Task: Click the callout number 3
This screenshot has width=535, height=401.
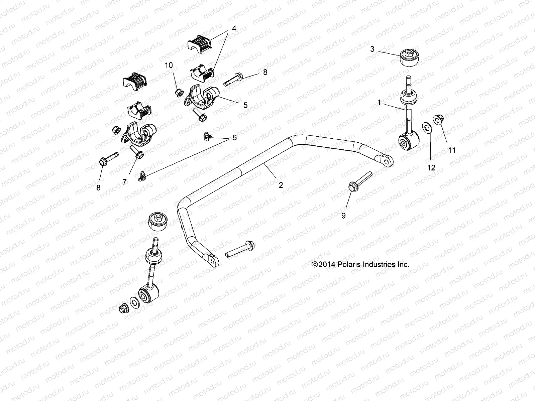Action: point(372,49)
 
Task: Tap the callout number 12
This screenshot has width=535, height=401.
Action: point(431,168)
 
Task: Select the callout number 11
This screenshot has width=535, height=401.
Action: point(452,150)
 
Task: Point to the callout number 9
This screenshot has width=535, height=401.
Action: point(343,216)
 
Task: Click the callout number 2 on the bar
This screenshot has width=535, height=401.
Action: point(281,185)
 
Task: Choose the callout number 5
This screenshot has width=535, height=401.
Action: point(245,105)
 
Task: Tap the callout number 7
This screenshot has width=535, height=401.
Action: point(124,182)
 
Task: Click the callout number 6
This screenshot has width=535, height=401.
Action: point(234,137)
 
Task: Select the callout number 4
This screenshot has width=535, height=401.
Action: point(234,28)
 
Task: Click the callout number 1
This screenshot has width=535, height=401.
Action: point(379,103)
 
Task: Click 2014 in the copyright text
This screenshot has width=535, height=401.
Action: point(325,264)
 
